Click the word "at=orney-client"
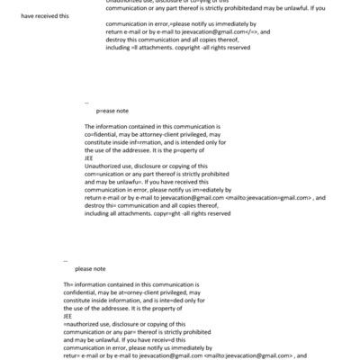click(146, 291)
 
